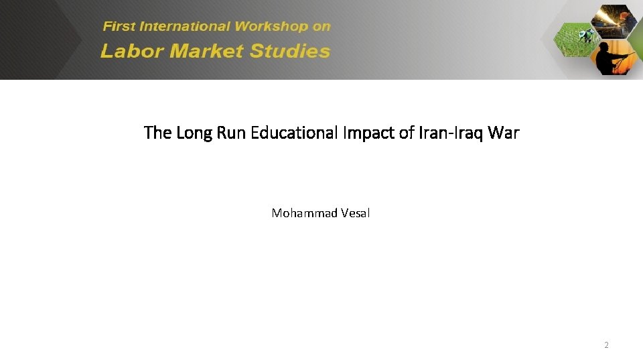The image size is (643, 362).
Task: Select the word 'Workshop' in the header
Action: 271,27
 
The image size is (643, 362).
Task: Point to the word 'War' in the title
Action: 504,133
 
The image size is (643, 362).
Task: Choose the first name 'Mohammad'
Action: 301,213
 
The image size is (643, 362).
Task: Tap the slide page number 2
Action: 606,345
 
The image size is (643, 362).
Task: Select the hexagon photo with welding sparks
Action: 613,20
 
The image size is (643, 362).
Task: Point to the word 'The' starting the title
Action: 157,133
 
